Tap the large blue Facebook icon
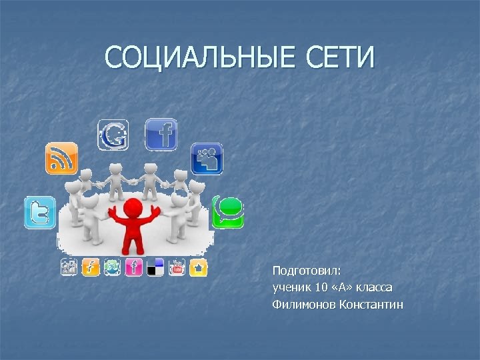(161, 134)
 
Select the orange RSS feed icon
(61, 159)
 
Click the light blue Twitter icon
(40, 213)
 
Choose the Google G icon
(113, 135)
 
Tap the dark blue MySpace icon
(207, 159)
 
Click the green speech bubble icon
(228, 212)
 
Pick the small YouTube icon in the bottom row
(177, 267)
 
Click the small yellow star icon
(199, 267)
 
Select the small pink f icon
(133, 267)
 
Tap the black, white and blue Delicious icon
(155, 267)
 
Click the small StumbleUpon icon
(112, 267)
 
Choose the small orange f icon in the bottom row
(91, 267)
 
